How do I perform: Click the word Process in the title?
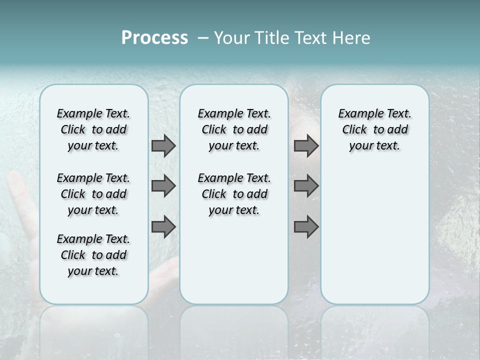154,38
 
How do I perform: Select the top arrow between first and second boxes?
163,145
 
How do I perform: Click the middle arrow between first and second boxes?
163,186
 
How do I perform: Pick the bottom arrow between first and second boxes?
163,227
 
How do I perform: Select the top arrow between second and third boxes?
306,145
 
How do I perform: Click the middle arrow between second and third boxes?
306,186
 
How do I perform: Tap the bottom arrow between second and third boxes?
306,227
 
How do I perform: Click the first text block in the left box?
93,129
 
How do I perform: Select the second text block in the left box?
93,194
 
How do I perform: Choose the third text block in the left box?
93,255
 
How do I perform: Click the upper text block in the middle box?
234,129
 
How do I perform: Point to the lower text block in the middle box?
234,194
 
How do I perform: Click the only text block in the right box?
374,129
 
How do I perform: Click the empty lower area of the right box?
374,240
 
